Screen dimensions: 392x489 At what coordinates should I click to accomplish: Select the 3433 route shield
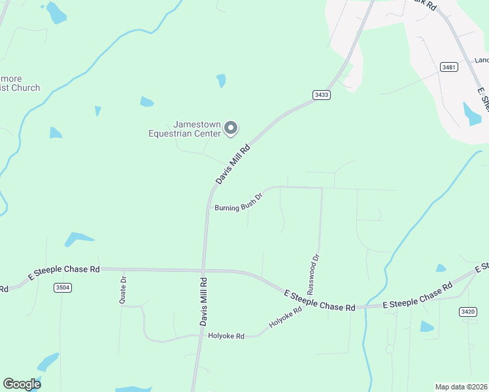click(322, 95)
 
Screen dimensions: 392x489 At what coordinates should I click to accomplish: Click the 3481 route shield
click(449, 67)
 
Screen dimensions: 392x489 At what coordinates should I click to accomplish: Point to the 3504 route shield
click(63, 287)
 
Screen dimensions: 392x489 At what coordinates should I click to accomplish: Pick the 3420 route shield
click(467, 312)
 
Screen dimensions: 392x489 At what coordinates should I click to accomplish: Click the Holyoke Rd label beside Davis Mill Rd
click(226, 336)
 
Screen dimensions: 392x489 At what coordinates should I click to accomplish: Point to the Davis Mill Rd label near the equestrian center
click(233, 165)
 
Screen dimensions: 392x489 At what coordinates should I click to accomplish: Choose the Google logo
click(22, 384)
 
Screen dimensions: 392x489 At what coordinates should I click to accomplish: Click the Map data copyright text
click(461, 387)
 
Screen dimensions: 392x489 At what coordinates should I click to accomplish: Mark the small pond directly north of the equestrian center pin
click(222, 80)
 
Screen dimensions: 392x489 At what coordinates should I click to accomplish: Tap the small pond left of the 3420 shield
click(427, 326)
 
